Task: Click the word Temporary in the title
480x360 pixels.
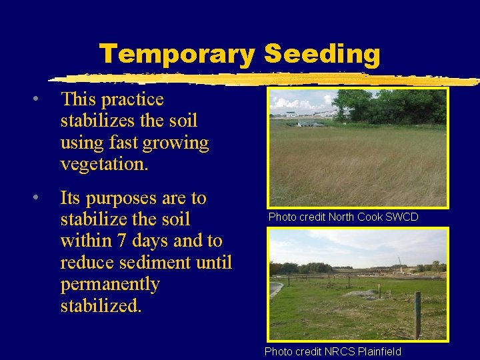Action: [177, 53]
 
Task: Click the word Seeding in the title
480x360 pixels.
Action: [322, 53]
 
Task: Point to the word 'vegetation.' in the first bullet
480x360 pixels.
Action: [104, 164]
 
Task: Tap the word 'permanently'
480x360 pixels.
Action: [110, 285]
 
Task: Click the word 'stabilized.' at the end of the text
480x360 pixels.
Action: [101, 306]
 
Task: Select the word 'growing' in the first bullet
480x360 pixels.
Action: [181, 143]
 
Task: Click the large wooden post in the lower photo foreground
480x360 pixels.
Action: [417, 315]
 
